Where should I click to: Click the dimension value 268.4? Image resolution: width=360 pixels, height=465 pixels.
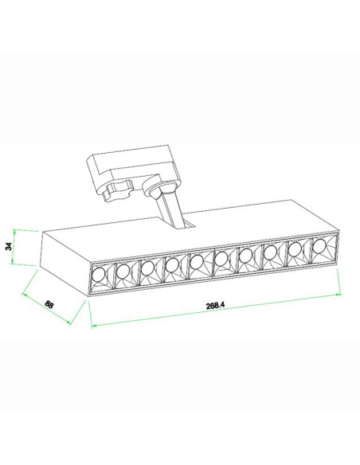(x=216, y=305)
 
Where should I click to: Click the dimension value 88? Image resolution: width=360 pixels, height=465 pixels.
(x=49, y=304)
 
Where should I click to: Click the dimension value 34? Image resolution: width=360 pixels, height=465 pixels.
(x=10, y=246)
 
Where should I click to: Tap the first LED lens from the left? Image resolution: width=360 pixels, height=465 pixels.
(x=99, y=275)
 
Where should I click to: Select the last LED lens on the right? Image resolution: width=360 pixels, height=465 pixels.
(x=319, y=246)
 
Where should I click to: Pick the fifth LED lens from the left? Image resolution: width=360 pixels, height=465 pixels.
(x=197, y=262)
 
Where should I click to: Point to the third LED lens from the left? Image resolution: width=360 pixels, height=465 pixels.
(x=147, y=268)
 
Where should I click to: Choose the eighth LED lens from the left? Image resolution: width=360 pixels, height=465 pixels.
(x=270, y=252)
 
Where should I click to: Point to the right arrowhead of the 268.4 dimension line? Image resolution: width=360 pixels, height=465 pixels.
(x=338, y=294)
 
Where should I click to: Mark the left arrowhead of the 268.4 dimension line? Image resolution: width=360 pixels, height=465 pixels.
(x=94, y=326)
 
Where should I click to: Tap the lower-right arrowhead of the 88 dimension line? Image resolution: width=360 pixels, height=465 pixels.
(x=68, y=322)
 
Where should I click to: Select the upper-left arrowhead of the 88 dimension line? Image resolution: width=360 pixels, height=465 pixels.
(x=25, y=295)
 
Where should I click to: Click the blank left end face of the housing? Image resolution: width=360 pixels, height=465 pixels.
(x=65, y=264)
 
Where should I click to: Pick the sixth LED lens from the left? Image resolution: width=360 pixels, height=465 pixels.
(x=221, y=259)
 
